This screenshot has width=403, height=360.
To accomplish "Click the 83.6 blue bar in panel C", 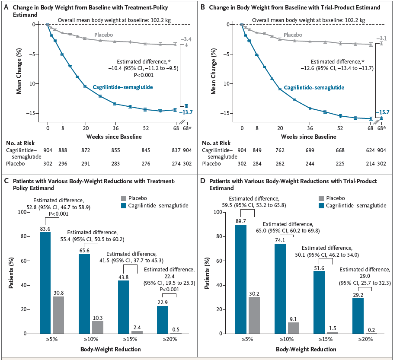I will [x=45, y=283].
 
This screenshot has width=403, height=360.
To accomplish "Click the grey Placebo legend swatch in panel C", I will [x=125, y=198].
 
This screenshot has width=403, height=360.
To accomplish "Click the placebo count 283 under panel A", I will [x=115, y=164].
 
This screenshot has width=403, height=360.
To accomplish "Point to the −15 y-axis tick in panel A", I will [x=36, y=113].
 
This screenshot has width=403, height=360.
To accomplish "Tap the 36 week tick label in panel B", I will [x=310, y=128].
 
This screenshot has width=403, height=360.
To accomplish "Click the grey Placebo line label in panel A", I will [x=104, y=34].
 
